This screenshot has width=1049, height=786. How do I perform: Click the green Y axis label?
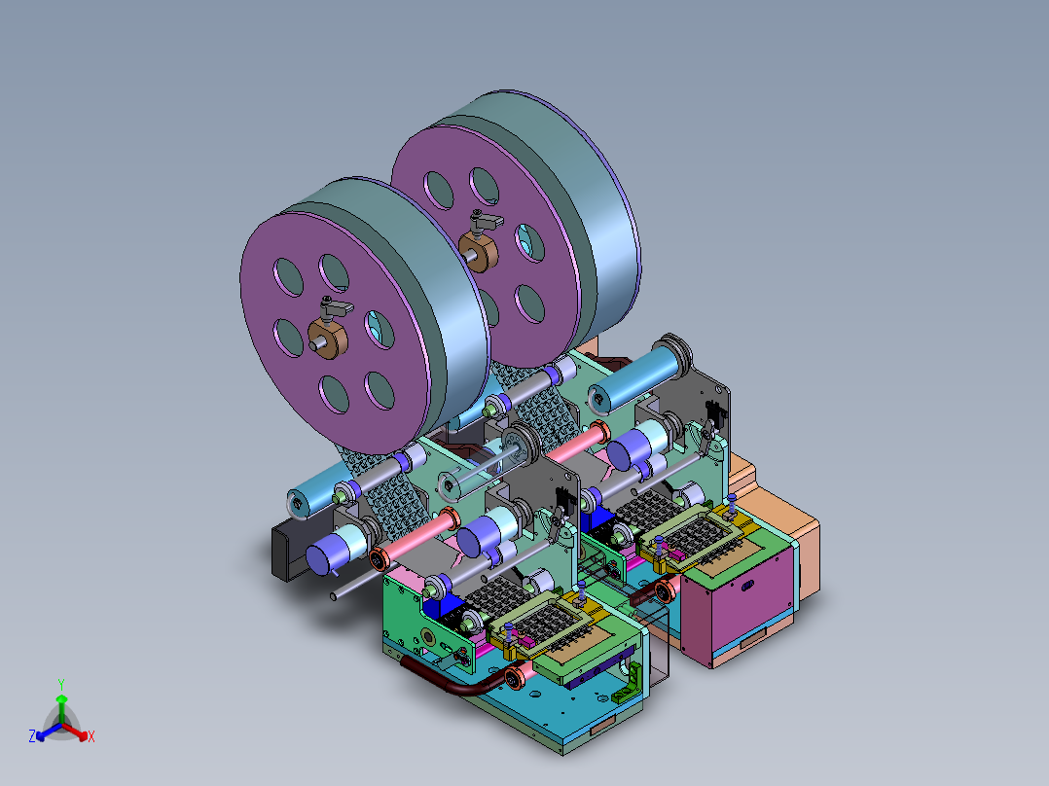pyautogui.click(x=61, y=684)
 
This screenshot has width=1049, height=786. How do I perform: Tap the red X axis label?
pyautogui.click(x=91, y=736)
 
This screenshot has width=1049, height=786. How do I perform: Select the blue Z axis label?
pyautogui.click(x=32, y=736)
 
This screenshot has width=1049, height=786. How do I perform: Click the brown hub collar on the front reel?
pyautogui.click(x=328, y=339)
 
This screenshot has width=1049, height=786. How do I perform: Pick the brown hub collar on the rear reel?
pyautogui.click(x=479, y=252)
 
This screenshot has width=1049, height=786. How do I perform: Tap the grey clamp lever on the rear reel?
pyautogui.click(x=485, y=222)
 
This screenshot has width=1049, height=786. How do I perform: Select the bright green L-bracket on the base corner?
pyautogui.click(x=627, y=684)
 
